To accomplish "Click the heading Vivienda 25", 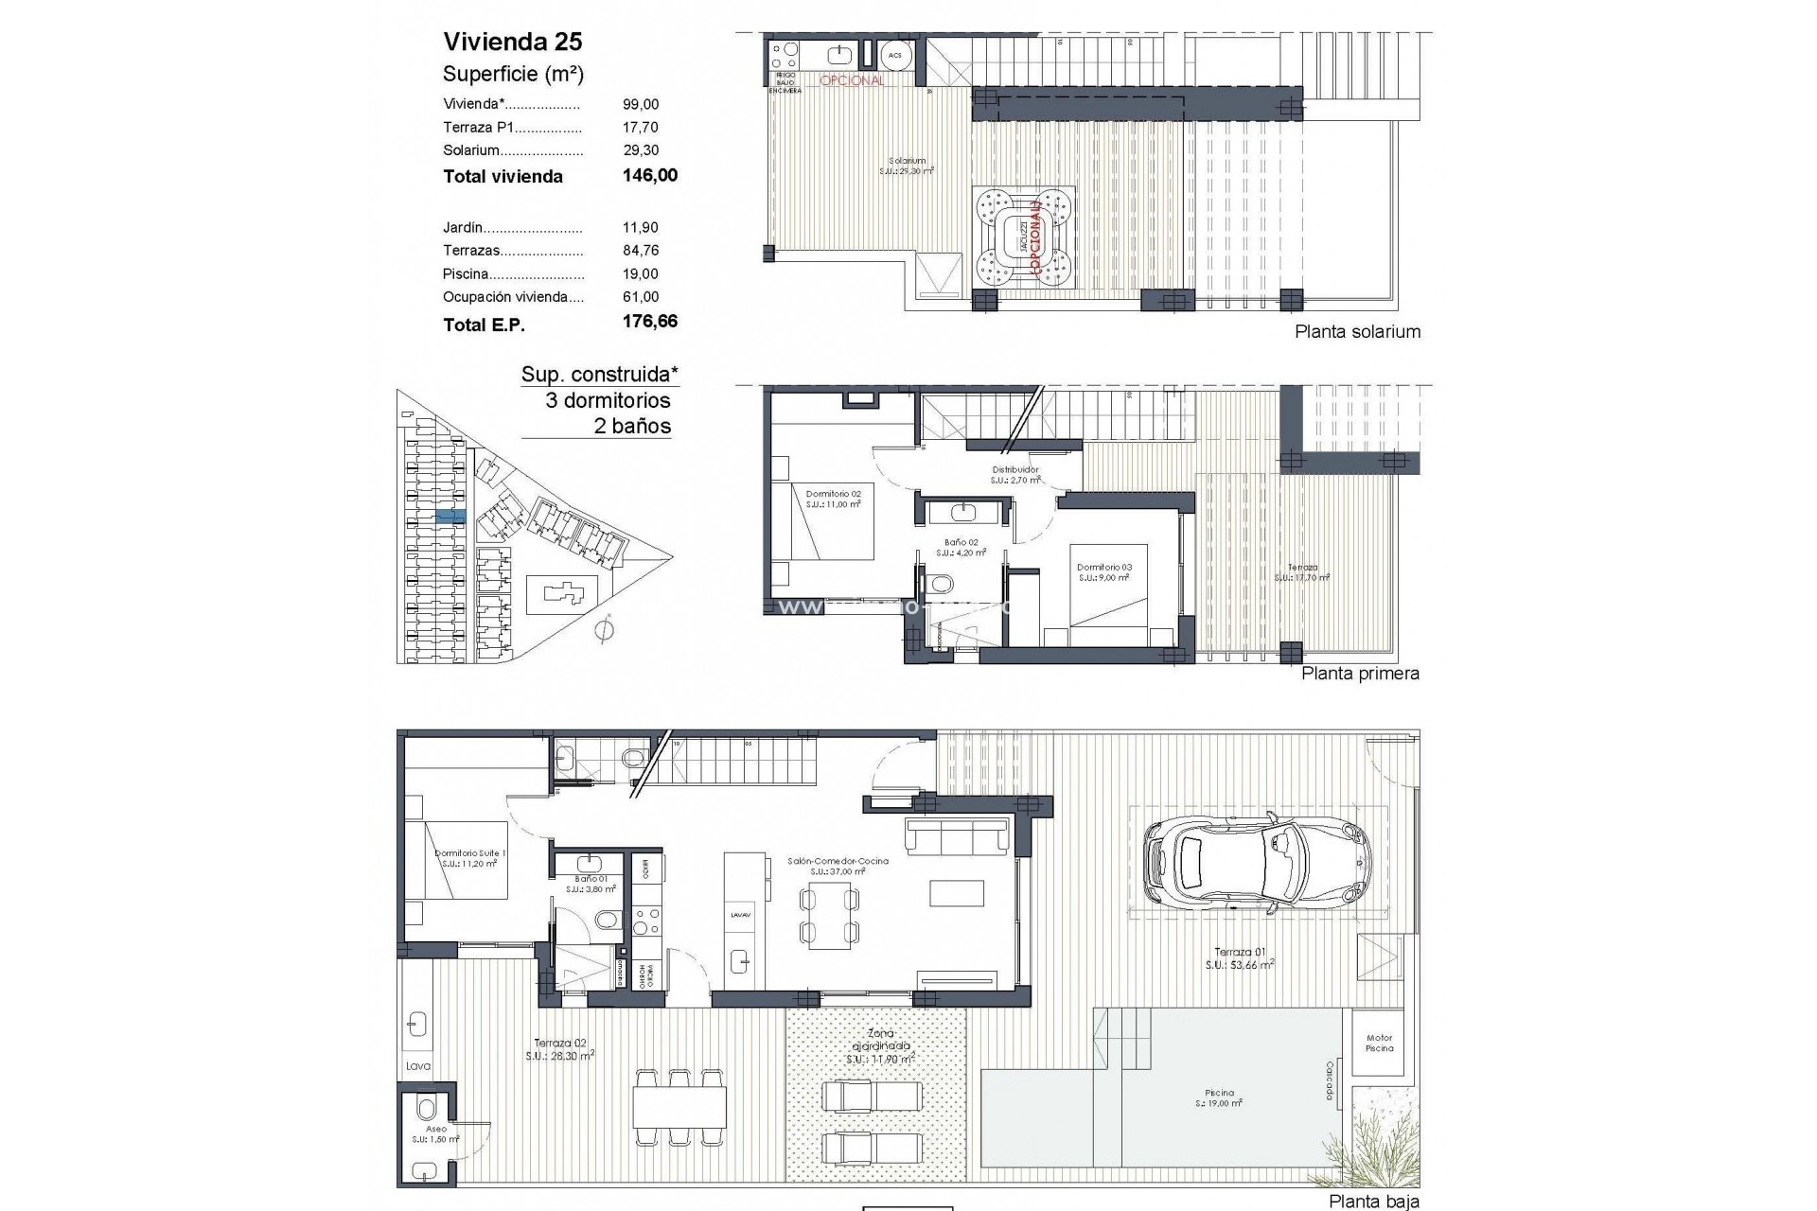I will coord(513,42).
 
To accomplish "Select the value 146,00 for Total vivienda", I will coord(649,175).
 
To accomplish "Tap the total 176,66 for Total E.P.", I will coord(649,322).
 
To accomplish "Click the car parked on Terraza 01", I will coord(1257,861).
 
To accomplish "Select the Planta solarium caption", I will coord(1357,331).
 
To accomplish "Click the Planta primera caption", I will coord(1360,674).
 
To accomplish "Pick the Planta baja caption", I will coord(1373,1202).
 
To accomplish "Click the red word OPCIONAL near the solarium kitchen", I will coord(852,81).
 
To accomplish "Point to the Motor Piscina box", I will coord(1379,1043).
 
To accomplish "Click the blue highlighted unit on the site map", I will coord(451,516).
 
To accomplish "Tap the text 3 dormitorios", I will coord(608,400).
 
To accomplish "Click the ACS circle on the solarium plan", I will coord(894,56).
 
